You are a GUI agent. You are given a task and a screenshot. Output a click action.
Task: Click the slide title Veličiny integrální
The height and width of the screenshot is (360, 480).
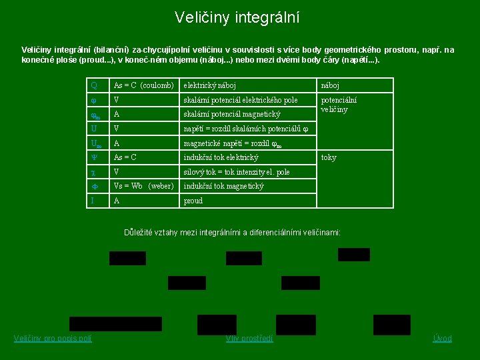pos(237,17)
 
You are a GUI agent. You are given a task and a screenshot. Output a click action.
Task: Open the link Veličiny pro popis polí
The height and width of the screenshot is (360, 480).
pos(53,339)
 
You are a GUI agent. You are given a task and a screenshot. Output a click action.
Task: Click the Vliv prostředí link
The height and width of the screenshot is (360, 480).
pos(249,339)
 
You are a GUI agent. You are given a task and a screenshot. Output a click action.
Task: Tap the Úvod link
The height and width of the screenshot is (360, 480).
pos(442,339)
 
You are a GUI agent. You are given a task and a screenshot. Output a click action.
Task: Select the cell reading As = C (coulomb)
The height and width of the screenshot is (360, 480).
pos(144,86)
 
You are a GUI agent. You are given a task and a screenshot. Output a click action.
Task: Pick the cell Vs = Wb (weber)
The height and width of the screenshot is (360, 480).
pos(144,186)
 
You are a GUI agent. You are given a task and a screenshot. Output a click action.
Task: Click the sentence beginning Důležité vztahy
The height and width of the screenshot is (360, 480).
pos(233,233)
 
